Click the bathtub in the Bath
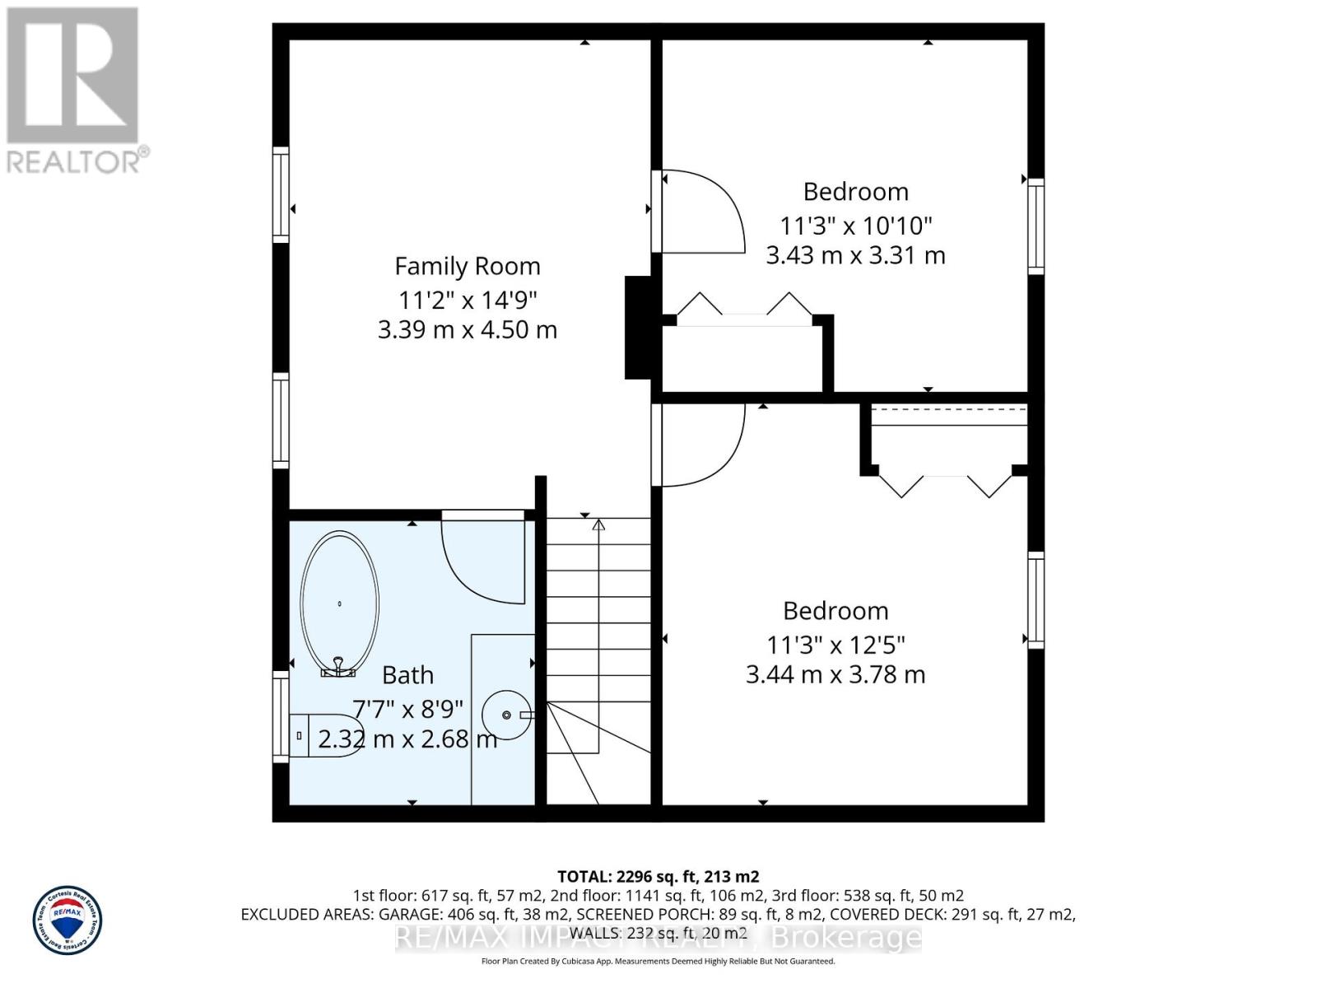point(339,604)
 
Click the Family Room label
point(468,267)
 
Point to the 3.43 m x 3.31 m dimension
point(855,255)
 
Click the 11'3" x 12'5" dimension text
point(835,644)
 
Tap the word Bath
point(407,675)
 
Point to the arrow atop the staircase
point(598,524)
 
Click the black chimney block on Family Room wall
point(639,327)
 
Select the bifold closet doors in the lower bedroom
point(945,486)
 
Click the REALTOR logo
point(74,91)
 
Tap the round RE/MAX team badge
point(67,920)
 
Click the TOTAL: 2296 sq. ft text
point(658,877)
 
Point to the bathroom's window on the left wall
point(281,716)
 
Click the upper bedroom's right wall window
point(1035,226)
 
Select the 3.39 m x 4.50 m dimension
point(468,330)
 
